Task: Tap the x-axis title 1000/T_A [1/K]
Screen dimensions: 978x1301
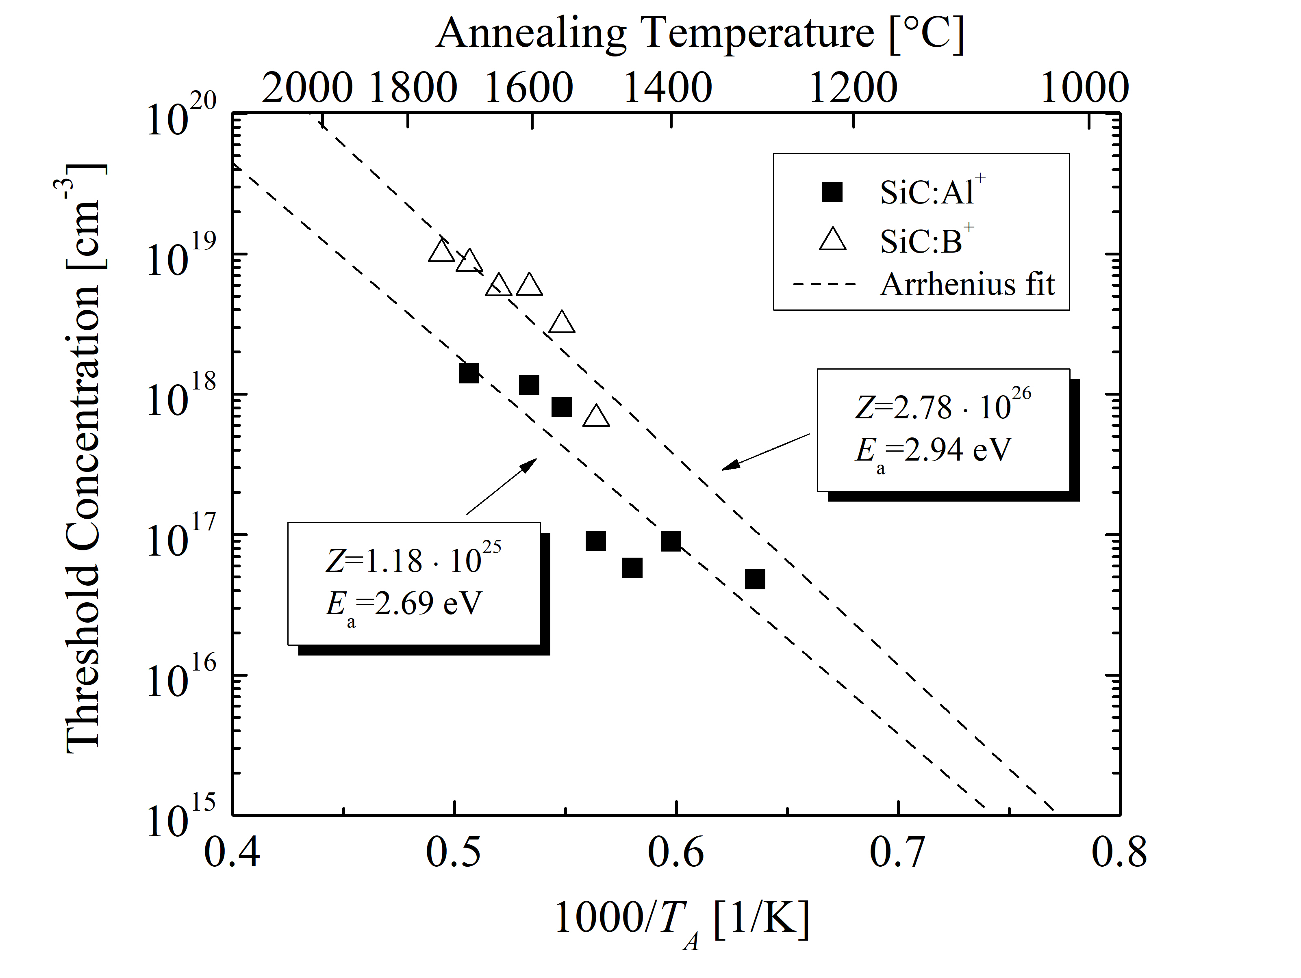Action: coord(682,917)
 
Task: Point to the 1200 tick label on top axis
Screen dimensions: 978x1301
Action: coord(854,88)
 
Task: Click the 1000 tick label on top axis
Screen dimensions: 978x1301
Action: coord(1084,88)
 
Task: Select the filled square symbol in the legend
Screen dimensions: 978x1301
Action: coord(832,192)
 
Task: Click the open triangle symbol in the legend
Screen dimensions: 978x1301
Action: coord(832,240)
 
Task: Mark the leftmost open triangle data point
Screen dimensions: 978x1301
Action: coord(442,251)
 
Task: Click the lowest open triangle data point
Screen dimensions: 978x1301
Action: coord(596,416)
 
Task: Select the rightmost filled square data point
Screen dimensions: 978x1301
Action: coord(755,579)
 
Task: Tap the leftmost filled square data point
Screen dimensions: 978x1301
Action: coord(469,372)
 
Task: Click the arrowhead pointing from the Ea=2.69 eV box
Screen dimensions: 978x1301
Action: coord(531,463)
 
